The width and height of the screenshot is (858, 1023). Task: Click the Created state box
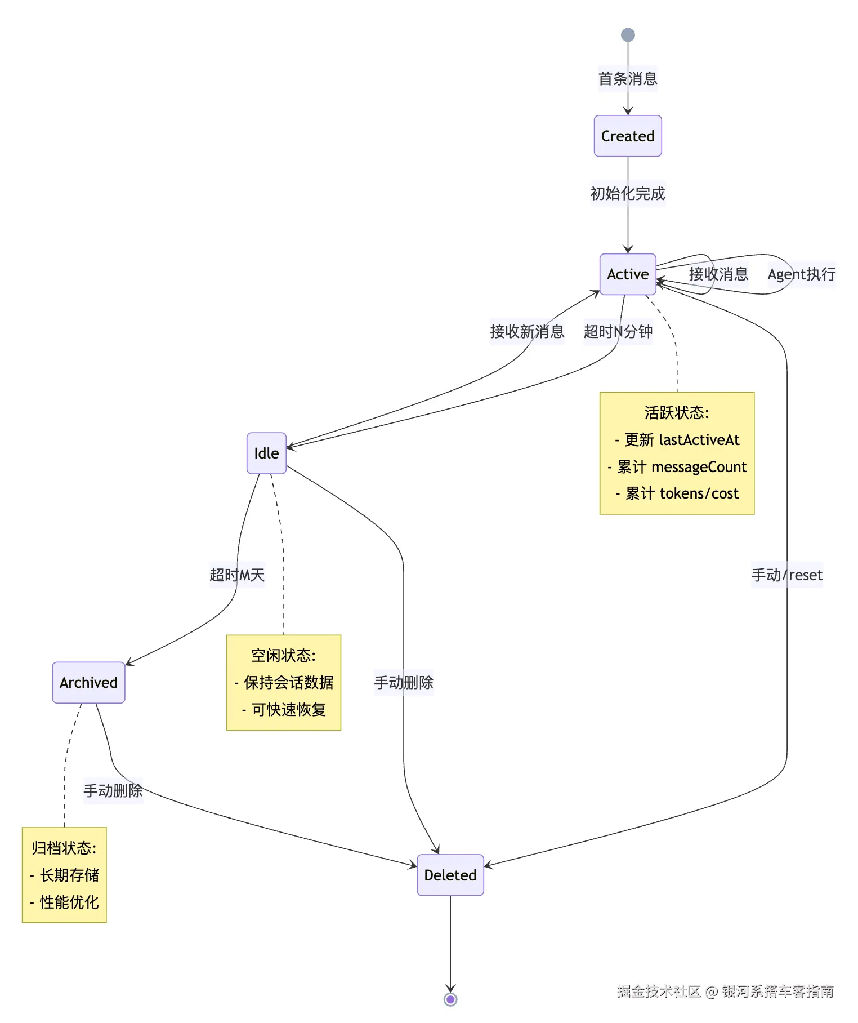[x=628, y=136]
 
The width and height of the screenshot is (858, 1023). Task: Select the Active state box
[x=628, y=274]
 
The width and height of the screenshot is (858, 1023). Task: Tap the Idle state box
[x=266, y=453]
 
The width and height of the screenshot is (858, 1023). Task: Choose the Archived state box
[x=88, y=682]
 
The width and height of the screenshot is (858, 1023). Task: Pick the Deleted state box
[x=450, y=875]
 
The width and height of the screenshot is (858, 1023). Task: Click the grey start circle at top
[x=628, y=35]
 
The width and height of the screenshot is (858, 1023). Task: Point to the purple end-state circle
[x=450, y=999]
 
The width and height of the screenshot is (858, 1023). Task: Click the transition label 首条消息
[x=628, y=78]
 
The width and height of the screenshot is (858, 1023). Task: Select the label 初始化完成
[x=628, y=193]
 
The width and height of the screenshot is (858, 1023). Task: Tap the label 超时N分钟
[x=618, y=331]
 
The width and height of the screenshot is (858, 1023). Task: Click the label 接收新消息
[x=527, y=331]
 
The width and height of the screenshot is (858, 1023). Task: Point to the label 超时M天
[x=237, y=575]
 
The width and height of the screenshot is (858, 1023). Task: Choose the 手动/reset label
[x=787, y=575]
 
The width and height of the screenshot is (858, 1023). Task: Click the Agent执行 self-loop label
[x=802, y=274]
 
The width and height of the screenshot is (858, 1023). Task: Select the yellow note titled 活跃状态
[x=677, y=453]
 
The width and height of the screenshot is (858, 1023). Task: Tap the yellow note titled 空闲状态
[x=284, y=682]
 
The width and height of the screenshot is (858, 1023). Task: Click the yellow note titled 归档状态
[x=64, y=875]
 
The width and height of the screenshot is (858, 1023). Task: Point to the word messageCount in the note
[x=699, y=467]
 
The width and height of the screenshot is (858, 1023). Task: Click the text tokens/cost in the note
[x=699, y=493]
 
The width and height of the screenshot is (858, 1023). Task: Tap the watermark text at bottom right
[x=725, y=991]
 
